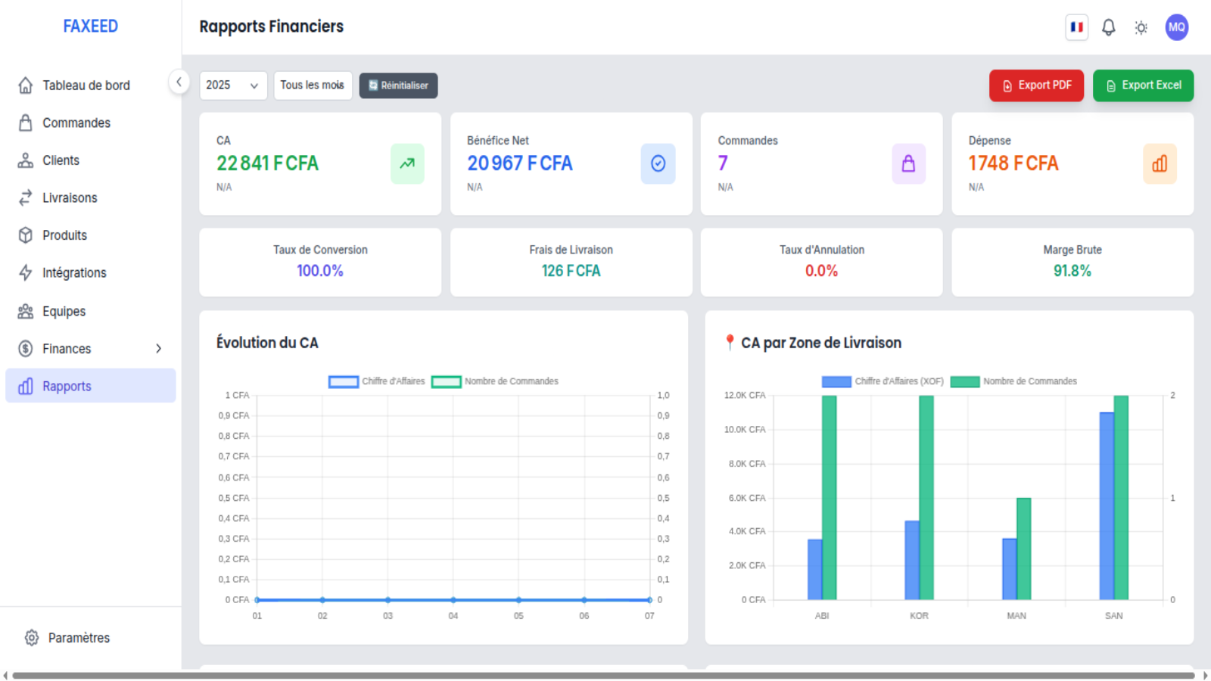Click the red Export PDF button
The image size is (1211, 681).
[x=1036, y=86]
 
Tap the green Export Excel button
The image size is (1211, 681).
[x=1143, y=86]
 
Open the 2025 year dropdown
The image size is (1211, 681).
[x=233, y=86]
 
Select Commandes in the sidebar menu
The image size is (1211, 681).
[x=76, y=123]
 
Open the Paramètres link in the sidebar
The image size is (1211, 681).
[x=79, y=638]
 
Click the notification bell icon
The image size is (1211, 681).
[x=1108, y=27]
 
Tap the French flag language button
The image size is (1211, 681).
[x=1076, y=27]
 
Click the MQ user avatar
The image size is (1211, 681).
[x=1176, y=27]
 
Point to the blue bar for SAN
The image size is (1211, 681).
[x=1106, y=506]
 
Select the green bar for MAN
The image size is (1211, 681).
[x=1023, y=549]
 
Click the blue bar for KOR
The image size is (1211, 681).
[x=911, y=560]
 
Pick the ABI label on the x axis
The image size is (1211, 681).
[x=822, y=616]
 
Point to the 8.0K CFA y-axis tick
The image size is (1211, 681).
[x=746, y=464]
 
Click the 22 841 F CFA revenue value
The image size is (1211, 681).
[x=268, y=163]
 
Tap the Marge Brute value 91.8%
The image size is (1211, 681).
[x=1072, y=271]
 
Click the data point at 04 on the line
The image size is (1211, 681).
[x=453, y=600]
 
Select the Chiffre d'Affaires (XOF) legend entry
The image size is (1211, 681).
[x=883, y=381]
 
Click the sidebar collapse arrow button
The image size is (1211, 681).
[x=179, y=82]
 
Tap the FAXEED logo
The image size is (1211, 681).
[x=90, y=26]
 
